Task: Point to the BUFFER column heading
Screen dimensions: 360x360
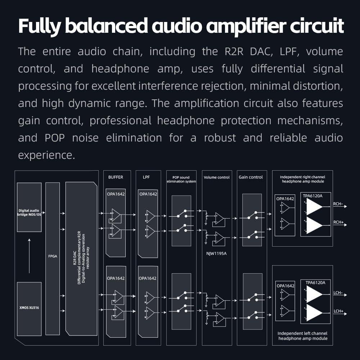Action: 116,177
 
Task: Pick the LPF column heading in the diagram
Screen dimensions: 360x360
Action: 146,177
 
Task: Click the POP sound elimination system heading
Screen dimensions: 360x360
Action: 181,179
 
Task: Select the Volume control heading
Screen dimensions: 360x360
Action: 216,177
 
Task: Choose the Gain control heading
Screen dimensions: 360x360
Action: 251,177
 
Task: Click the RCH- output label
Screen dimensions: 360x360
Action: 338,204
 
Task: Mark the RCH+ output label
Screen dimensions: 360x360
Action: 338,222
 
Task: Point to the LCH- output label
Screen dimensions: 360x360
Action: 338,293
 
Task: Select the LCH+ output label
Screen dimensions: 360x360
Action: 338,311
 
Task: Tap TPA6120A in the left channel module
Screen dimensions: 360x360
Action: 315,283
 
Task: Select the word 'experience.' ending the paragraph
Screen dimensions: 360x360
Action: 46,155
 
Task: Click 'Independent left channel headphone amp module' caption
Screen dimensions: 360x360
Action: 302,336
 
